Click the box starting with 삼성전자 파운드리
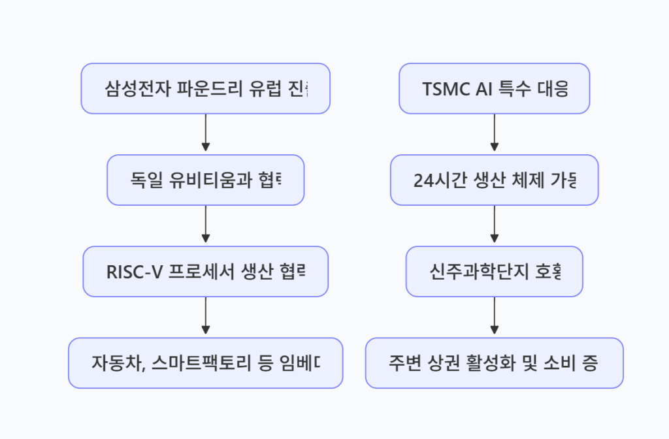point(205,89)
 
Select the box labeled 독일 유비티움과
point(205,180)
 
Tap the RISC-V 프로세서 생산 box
point(205,272)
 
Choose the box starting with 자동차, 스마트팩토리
point(205,363)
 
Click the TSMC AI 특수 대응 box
point(495,89)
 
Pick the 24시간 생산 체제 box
point(495,180)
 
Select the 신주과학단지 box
point(495,272)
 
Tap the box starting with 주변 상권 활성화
point(495,363)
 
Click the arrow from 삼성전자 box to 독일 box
point(205,134)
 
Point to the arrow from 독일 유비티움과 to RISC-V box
point(205,225)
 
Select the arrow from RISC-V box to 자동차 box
point(205,317)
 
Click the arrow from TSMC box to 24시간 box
point(495,134)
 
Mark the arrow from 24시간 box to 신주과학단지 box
point(495,225)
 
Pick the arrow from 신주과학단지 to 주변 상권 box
point(495,317)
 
